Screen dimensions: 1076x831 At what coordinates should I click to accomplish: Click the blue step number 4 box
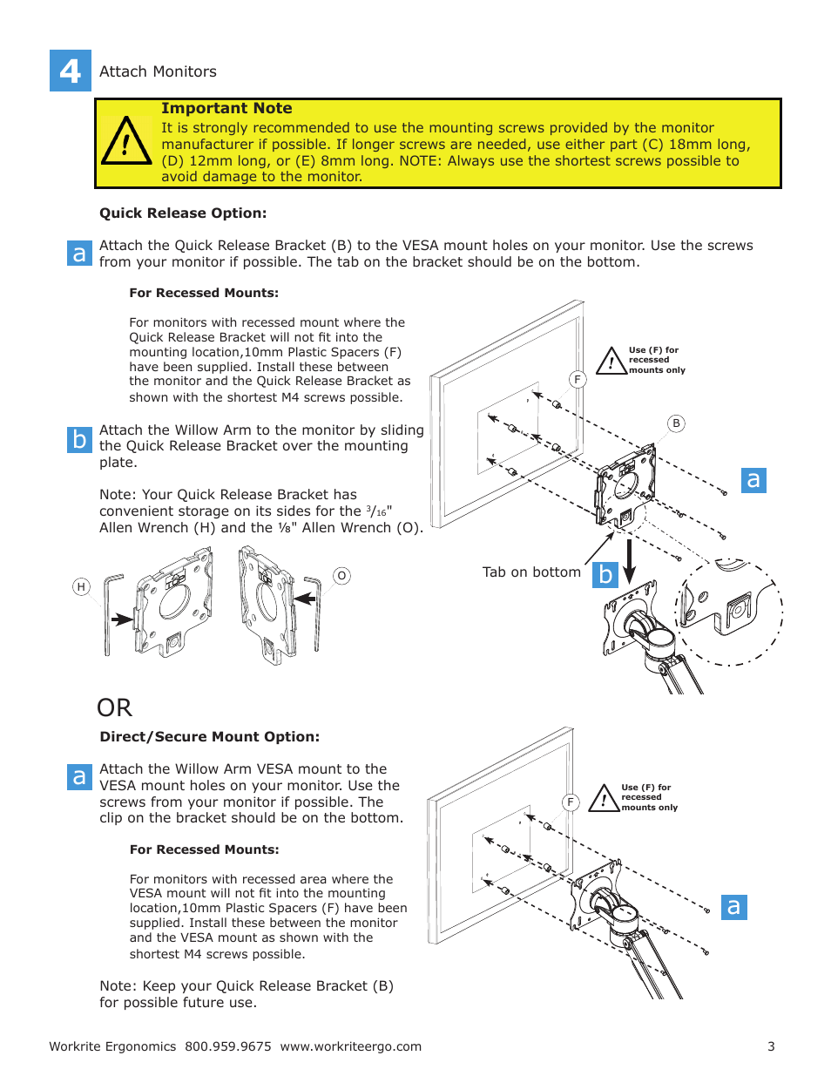(71, 71)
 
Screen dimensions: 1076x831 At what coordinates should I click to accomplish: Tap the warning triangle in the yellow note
(126, 142)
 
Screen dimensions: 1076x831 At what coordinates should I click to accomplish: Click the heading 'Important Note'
(226, 108)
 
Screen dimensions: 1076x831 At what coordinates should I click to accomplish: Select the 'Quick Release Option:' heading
(183, 213)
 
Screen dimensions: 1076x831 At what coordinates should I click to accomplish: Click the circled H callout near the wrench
(81, 587)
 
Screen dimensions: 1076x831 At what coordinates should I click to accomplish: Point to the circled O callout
(341, 576)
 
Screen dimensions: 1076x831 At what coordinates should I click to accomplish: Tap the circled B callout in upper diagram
(676, 423)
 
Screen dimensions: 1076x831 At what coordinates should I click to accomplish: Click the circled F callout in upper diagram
(577, 380)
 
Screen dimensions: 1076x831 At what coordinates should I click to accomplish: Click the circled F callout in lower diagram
(571, 802)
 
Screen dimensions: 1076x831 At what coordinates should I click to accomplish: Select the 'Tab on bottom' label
(531, 572)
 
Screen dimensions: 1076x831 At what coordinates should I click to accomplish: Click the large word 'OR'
(114, 707)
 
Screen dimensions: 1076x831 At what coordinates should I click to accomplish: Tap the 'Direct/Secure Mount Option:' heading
(210, 736)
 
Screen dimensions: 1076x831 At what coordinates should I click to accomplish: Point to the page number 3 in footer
(771, 1046)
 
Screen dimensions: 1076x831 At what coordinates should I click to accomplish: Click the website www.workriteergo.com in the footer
(350, 1046)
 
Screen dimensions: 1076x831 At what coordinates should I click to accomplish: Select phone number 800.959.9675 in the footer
(227, 1046)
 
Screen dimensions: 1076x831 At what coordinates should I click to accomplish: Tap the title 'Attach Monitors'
(158, 71)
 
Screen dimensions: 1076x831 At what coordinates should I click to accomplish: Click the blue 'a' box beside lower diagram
(734, 907)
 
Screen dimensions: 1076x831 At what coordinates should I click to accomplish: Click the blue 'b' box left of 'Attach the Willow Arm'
(79, 439)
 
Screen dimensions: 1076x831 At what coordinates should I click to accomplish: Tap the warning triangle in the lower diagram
(604, 799)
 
